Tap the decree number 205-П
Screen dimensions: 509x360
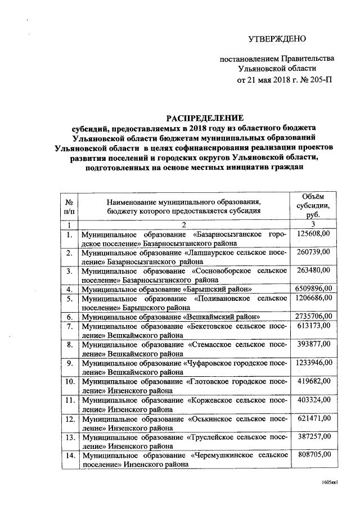point(318,79)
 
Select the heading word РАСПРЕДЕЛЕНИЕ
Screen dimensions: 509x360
point(204,118)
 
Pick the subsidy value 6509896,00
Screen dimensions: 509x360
point(314,289)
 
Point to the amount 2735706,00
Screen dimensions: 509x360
point(314,316)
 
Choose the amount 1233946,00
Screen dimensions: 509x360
point(314,362)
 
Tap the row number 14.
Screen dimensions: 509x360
point(69,454)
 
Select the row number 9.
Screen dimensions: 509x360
point(69,363)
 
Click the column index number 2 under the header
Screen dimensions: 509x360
point(183,224)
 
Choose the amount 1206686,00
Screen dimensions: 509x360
point(314,298)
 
